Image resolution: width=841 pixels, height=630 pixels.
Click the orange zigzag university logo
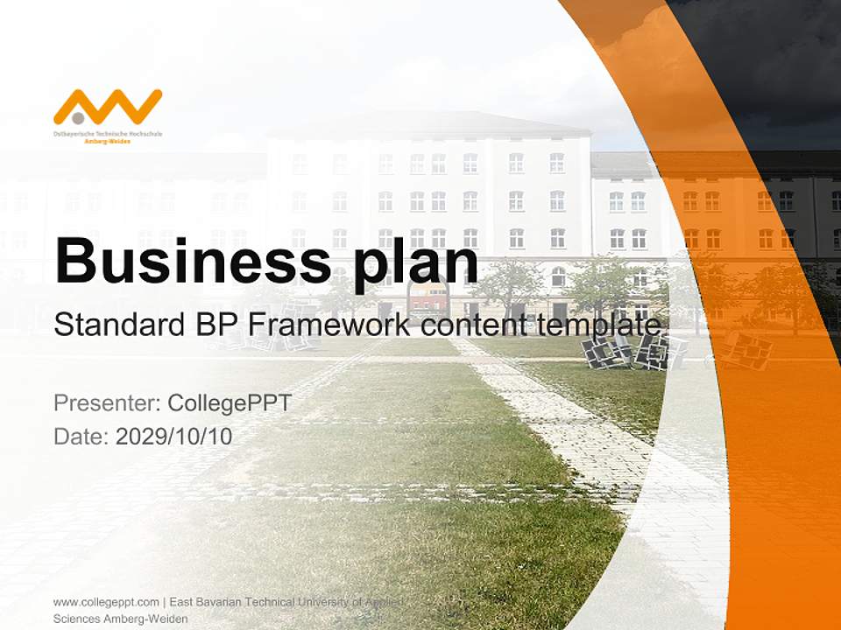tap(108, 106)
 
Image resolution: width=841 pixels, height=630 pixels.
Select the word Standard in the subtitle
tap(114, 325)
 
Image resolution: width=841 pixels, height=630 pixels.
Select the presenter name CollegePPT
tap(229, 403)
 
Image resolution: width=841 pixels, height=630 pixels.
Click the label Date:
tap(81, 437)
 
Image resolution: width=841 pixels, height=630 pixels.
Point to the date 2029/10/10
tap(174, 437)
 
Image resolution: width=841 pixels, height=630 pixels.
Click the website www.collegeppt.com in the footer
tap(106, 602)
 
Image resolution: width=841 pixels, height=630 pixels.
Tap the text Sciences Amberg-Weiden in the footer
tap(121, 619)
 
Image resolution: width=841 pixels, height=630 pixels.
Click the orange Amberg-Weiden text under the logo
tap(107, 140)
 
